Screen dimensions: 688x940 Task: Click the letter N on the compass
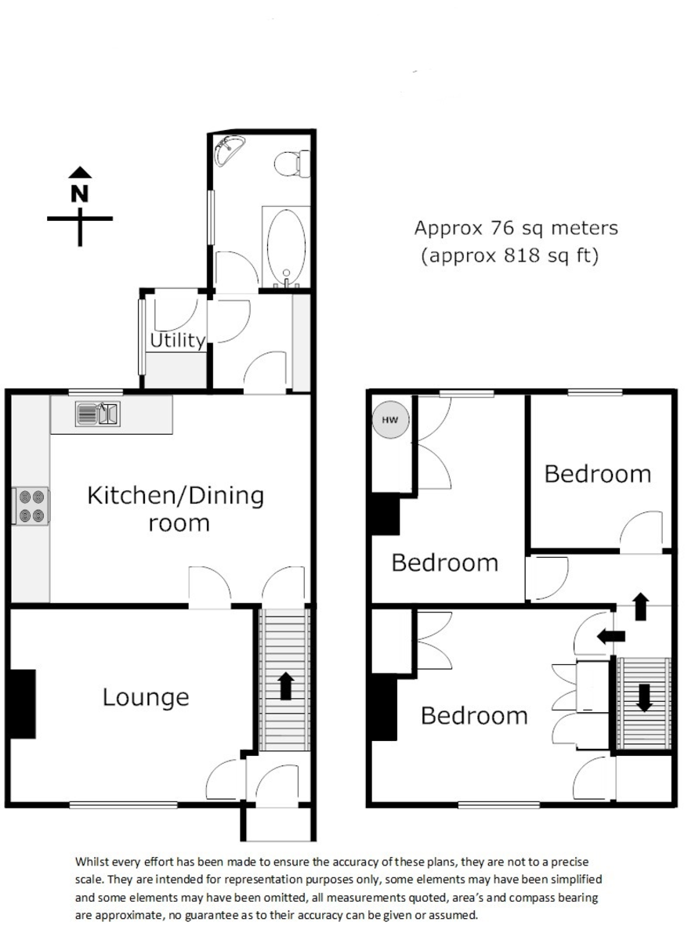click(x=80, y=193)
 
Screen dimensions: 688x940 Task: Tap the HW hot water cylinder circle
click(x=390, y=420)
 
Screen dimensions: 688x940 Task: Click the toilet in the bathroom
click(x=292, y=164)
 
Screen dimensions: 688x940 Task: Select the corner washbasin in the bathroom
click(x=228, y=150)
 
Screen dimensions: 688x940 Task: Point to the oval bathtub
click(x=286, y=245)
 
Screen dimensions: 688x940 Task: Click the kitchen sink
click(x=97, y=414)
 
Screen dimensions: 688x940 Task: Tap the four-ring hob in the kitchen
click(x=31, y=506)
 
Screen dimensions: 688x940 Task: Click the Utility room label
click(x=178, y=340)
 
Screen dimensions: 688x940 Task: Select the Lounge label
click(x=146, y=698)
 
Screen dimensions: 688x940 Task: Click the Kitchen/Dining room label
click(x=176, y=508)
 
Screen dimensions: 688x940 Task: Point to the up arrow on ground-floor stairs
click(x=286, y=686)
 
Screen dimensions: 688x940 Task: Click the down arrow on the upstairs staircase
click(x=644, y=698)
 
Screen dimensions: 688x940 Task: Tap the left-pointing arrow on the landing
click(x=610, y=637)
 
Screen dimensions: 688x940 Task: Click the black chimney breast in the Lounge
click(x=23, y=703)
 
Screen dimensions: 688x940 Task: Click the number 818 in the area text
click(x=521, y=255)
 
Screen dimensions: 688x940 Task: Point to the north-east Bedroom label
click(x=598, y=474)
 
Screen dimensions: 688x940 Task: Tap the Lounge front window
click(x=123, y=804)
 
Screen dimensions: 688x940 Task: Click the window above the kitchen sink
click(x=96, y=392)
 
